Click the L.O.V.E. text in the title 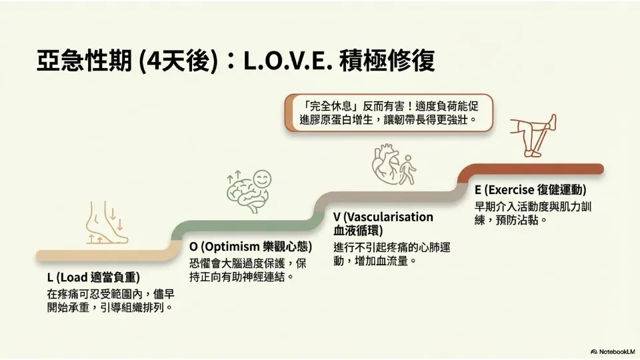click(x=286, y=61)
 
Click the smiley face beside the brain click(x=262, y=179)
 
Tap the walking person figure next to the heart click(x=408, y=169)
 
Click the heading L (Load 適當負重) click(x=93, y=277)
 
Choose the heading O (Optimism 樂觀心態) click(x=251, y=247)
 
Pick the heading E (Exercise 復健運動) click(x=530, y=190)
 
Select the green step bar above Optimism click(x=245, y=226)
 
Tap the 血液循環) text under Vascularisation click(x=358, y=230)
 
